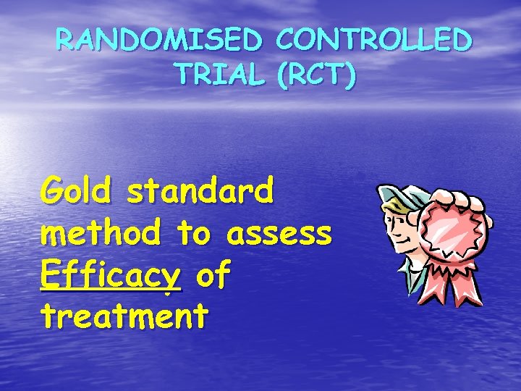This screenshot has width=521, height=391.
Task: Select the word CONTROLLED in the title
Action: click(x=375, y=41)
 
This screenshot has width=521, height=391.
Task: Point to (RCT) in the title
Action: click(x=315, y=75)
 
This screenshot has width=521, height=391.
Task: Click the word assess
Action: click(x=279, y=233)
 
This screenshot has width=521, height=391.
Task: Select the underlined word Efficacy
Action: click(x=111, y=276)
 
